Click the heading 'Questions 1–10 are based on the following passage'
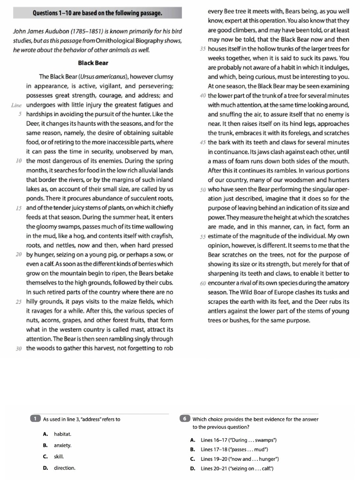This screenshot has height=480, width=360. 97,13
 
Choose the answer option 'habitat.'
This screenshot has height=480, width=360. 62,434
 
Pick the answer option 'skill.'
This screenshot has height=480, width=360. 59,456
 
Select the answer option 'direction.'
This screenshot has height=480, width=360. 64,468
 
